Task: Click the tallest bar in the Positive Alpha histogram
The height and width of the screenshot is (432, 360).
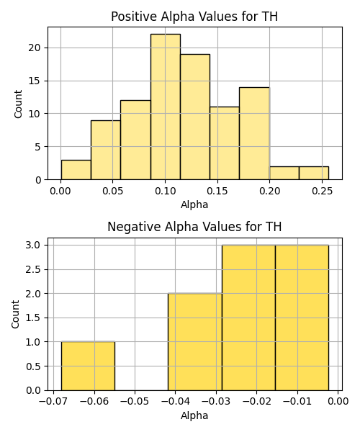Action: coord(166,107)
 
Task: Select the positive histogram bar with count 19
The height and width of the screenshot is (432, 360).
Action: coord(195,117)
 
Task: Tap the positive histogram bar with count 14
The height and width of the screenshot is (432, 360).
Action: coord(254,133)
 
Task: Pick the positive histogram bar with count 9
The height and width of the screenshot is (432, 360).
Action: coord(106,150)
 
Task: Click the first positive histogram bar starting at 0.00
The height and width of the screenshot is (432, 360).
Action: coord(76,170)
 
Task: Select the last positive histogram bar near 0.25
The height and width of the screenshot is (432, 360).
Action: coord(314,173)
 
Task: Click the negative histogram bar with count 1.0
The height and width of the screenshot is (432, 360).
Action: coord(88,366)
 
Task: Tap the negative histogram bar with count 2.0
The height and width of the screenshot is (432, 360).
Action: coord(195,342)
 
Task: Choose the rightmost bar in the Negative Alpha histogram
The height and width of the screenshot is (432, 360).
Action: coord(302,318)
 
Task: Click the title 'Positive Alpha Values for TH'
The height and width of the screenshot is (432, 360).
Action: coord(194,17)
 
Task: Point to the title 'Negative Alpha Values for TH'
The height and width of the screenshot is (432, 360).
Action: coord(194,227)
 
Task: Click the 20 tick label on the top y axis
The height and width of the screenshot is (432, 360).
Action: coord(34,48)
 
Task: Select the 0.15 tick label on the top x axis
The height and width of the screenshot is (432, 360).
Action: coord(217,191)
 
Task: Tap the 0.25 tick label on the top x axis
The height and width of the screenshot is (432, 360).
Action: coord(322,191)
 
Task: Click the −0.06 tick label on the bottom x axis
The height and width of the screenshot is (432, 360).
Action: coord(94,402)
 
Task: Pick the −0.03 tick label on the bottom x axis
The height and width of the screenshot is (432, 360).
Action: coord(216,402)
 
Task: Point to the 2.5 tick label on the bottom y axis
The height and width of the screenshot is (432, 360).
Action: coord(33,269)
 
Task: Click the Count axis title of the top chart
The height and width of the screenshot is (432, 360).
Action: coord(18,104)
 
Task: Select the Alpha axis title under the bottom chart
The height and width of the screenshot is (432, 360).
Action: coord(194,415)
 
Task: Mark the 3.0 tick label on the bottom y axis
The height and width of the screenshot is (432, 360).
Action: coord(33,245)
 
